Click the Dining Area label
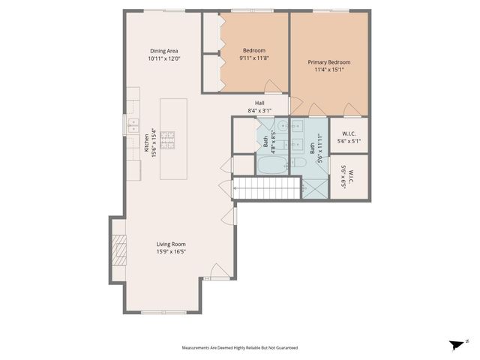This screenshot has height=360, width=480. pyautogui.click(x=163, y=51)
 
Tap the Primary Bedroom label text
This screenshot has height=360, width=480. pyautogui.click(x=329, y=62)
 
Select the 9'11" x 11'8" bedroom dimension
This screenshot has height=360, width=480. pyautogui.click(x=253, y=58)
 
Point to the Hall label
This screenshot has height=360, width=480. pyautogui.click(x=259, y=103)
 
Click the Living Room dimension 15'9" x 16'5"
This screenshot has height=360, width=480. pyautogui.click(x=172, y=252)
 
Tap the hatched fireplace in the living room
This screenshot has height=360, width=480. pyautogui.click(x=119, y=250)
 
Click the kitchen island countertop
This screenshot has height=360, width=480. pyautogui.click(x=173, y=139)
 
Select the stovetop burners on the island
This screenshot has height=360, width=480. pyautogui.click(x=167, y=140)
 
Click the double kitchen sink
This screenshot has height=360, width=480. pyautogui.click(x=133, y=126)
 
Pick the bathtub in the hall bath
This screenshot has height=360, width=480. pyautogui.click(x=272, y=165)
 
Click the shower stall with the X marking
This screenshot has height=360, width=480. pyautogui.click(x=315, y=189)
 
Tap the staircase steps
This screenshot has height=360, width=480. pyautogui.click(x=266, y=188)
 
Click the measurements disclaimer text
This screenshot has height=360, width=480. pyautogui.click(x=240, y=348)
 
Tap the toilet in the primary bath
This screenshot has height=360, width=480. pyautogui.click(x=298, y=163)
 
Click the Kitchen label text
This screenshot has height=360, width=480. pyautogui.click(x=147, y=143)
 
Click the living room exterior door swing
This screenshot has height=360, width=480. pyautogui.click(x=218, y=270)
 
